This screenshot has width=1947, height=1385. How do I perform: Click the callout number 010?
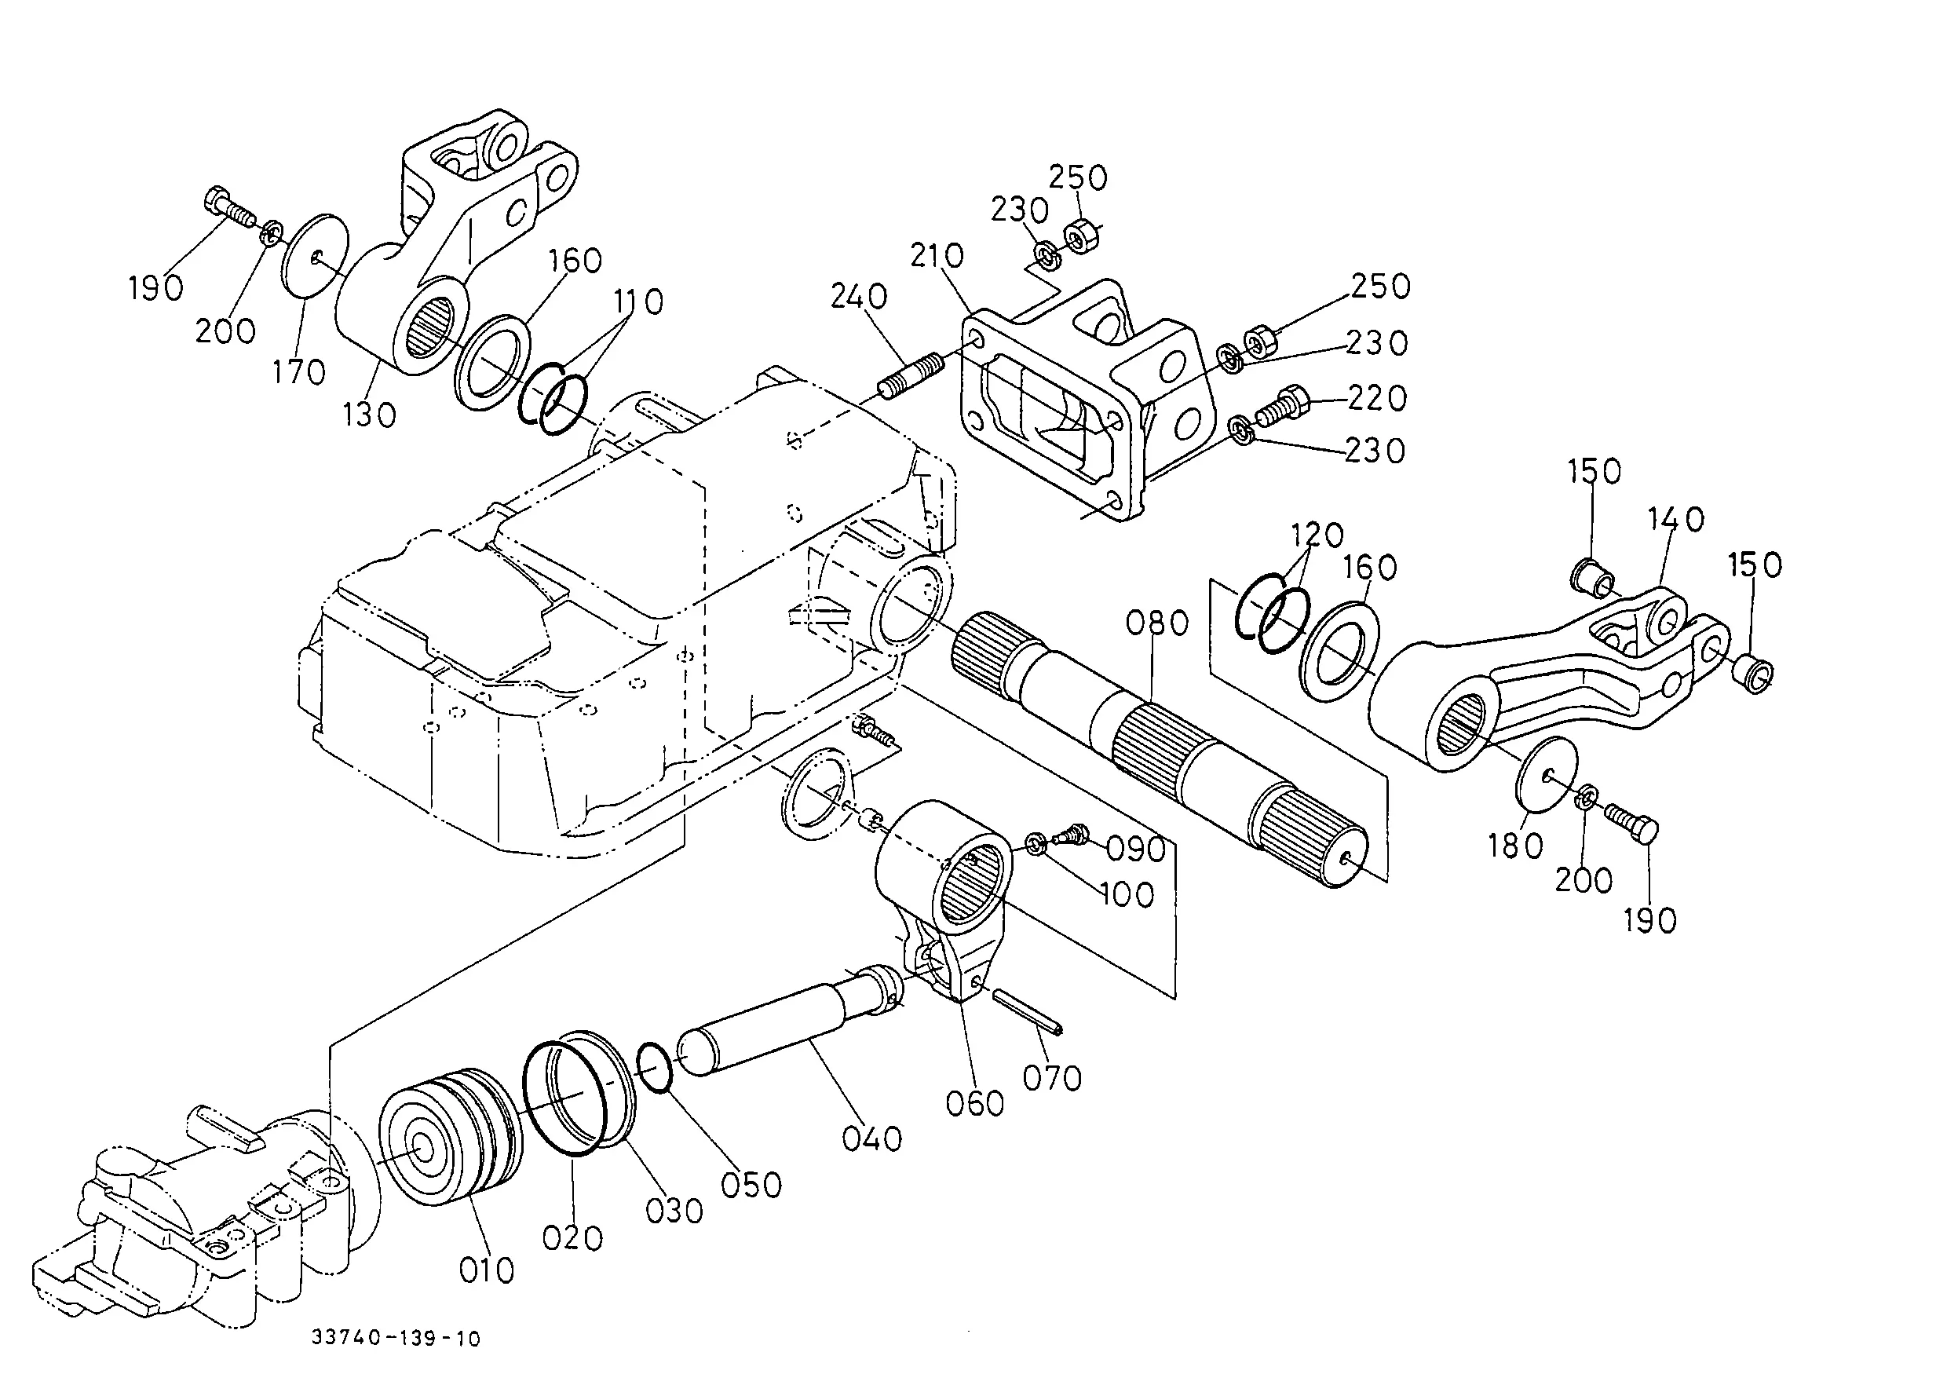[x=487, y=1270]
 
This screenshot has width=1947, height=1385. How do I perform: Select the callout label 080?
[x=1157, y=623]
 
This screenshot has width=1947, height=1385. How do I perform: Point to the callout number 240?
[x=859, y=297]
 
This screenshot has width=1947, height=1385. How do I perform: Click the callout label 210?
[x=937, y=255]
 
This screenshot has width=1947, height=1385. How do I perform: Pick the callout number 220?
[x=1377, y=398]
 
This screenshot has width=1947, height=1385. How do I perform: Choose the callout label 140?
[x=1676, y=520]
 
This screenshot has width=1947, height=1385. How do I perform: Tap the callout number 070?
[x=1052, y=1079]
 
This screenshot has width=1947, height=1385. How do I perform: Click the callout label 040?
[x=871, y=1138]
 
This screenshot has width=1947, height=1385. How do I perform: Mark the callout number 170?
[x=299, y=372]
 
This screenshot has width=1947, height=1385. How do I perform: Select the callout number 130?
[x=369, y=415]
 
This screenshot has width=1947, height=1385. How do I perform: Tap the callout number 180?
[x=1515, y=845]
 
